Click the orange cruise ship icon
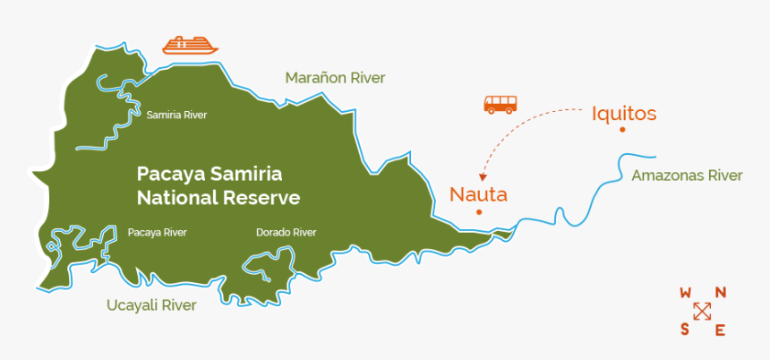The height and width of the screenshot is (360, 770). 190,45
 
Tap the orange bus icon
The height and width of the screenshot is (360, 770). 500,104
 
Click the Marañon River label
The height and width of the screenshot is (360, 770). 335,78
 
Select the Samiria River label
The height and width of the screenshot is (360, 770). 176,116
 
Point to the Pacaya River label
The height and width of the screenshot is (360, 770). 157,233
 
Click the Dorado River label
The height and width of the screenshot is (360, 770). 286,233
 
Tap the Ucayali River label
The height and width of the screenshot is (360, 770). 151,305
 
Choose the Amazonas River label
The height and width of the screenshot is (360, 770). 687,176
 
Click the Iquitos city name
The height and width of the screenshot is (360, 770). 624,114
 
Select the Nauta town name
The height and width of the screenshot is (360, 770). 478,193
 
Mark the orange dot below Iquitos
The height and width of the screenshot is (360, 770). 622,130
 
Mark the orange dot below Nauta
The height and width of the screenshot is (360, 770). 480,212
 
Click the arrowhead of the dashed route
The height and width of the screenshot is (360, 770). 483,177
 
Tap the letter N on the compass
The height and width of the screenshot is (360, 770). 720,293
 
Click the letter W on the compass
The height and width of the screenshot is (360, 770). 686,293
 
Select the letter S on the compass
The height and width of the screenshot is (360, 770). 685,329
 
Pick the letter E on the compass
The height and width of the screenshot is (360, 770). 720,330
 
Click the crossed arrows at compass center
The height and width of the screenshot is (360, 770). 703,311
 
